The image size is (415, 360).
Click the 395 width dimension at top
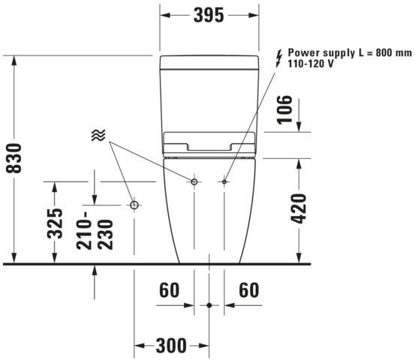coord(209,15)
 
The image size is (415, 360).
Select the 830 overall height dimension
coord(14,158)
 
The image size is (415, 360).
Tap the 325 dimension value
coord(55,223)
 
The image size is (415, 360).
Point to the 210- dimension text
coord(84,231)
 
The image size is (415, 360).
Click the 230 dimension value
coord(105,235)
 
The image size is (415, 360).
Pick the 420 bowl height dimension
coord(299,208)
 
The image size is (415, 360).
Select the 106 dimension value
coord(284,109)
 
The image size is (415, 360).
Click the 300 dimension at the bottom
coord(171,346)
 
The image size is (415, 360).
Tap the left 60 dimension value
coord(169,290)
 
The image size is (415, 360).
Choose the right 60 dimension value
coord(249,290)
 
